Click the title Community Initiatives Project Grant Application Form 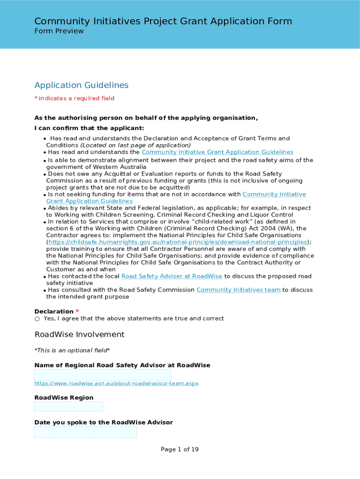[x=163, y=21]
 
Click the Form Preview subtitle [x=59, y=31]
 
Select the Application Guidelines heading [x=81, y=85]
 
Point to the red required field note [x=74, y=98]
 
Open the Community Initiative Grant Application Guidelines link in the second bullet [x=217, y=152]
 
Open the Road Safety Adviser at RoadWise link [x=172, y=276]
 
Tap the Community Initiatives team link [x=238, y=290]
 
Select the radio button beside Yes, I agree [x=37, y=319]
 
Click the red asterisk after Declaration [x=78, y=312]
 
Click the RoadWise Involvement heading [x=79, y=334]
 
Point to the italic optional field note [x=72, y=350]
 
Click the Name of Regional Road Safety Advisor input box [x=103, y=375]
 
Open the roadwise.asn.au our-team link [x=116, y=384]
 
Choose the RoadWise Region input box [x=68, y=406]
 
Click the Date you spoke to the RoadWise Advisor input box [x=86, y=432]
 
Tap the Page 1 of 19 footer [x=180, y=450]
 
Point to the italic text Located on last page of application [x=136, y=145]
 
